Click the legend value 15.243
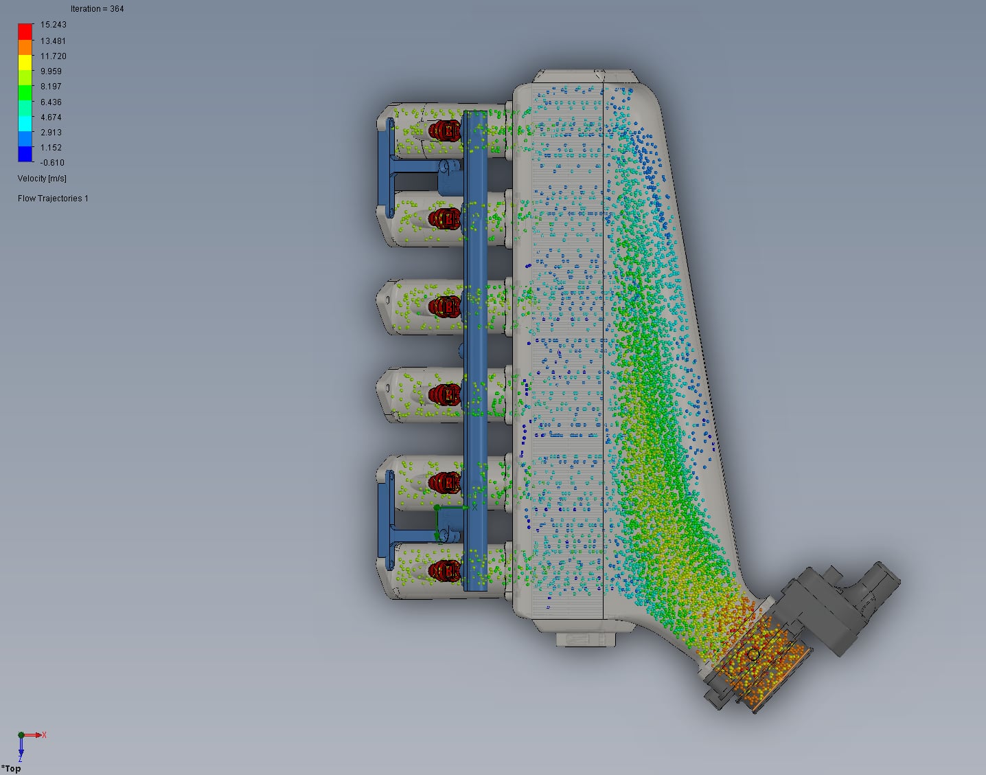tap(53, 25)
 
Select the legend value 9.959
tap(51, 71)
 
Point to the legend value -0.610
tap(52, 163)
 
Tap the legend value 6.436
tap(51, 102)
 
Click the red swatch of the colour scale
tap(25, 32)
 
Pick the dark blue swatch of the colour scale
tap(25, 154)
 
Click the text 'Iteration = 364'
tap(97, 9)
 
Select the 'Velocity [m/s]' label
tap(42, 179)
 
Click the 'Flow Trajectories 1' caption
tap(53, 199)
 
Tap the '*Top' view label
tap(11, 769)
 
